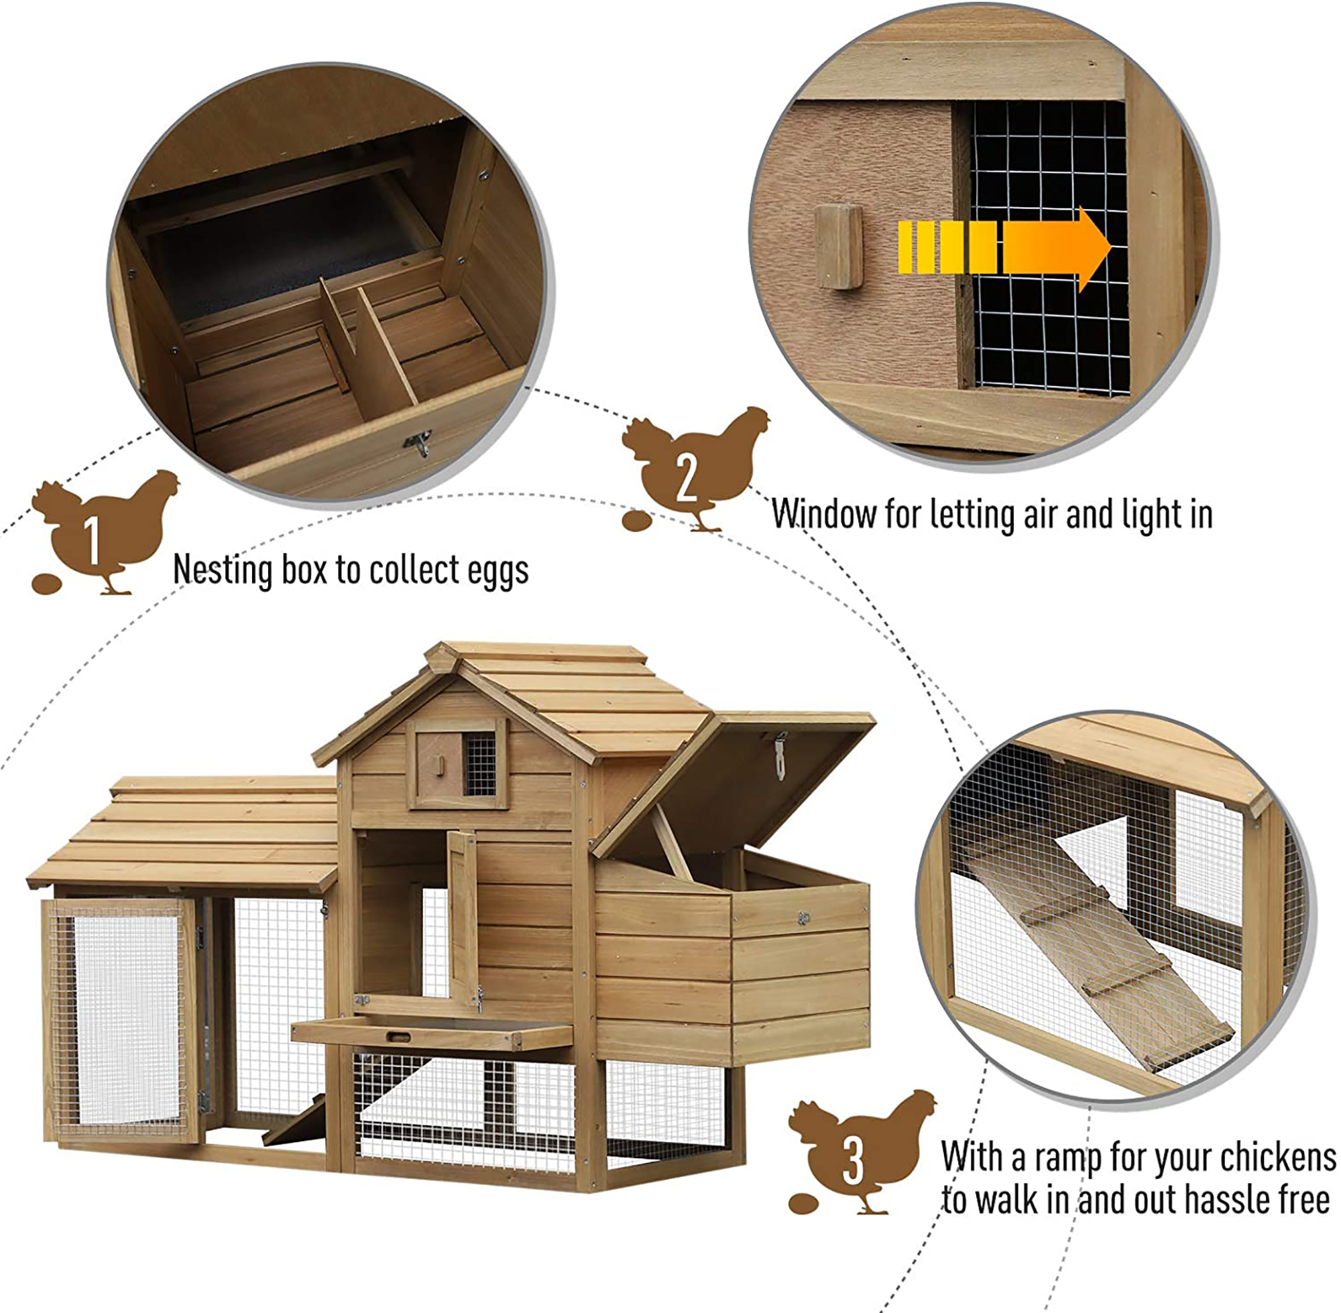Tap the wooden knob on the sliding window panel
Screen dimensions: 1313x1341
[839, 246]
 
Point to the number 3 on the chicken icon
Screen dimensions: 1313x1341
[853, 1162]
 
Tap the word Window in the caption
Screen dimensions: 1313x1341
[823, 515]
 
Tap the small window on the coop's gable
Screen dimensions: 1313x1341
[457, 764]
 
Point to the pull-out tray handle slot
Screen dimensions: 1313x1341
[398, 1036]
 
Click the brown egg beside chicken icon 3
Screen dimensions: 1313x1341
[803, 1204]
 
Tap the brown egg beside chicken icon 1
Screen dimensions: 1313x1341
[46, 584]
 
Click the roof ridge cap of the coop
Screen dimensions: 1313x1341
[538, 650]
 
